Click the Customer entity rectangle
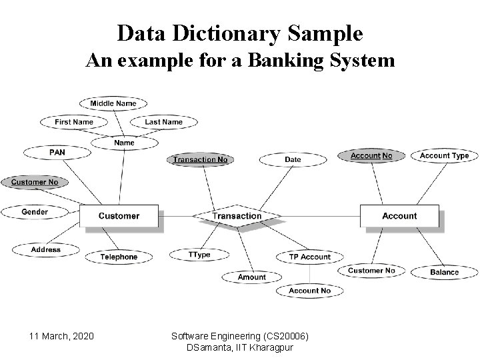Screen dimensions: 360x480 point(119,216)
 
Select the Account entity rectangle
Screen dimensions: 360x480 point(399,216)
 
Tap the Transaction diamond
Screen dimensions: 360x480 point(237,216)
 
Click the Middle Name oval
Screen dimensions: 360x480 point(113,103)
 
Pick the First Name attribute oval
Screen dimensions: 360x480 point(73,122)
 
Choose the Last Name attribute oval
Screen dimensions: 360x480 point(163,122)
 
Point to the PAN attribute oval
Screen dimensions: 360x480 point(57,153)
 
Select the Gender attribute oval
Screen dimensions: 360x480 point(35,212)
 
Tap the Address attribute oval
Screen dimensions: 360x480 point(45,250)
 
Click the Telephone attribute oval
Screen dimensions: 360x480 point(119,257)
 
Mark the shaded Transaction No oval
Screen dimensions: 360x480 point(200,159)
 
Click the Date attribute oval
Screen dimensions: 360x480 point(293,159)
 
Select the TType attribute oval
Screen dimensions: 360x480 point(199,255)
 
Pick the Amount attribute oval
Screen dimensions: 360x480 point(251,277)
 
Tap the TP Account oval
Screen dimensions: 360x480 point(309,257)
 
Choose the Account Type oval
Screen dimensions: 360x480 point(444,155)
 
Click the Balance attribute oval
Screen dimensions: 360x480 point(444,272)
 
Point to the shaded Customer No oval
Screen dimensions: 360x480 point(35,182)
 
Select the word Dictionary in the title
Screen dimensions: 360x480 point(240,33)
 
